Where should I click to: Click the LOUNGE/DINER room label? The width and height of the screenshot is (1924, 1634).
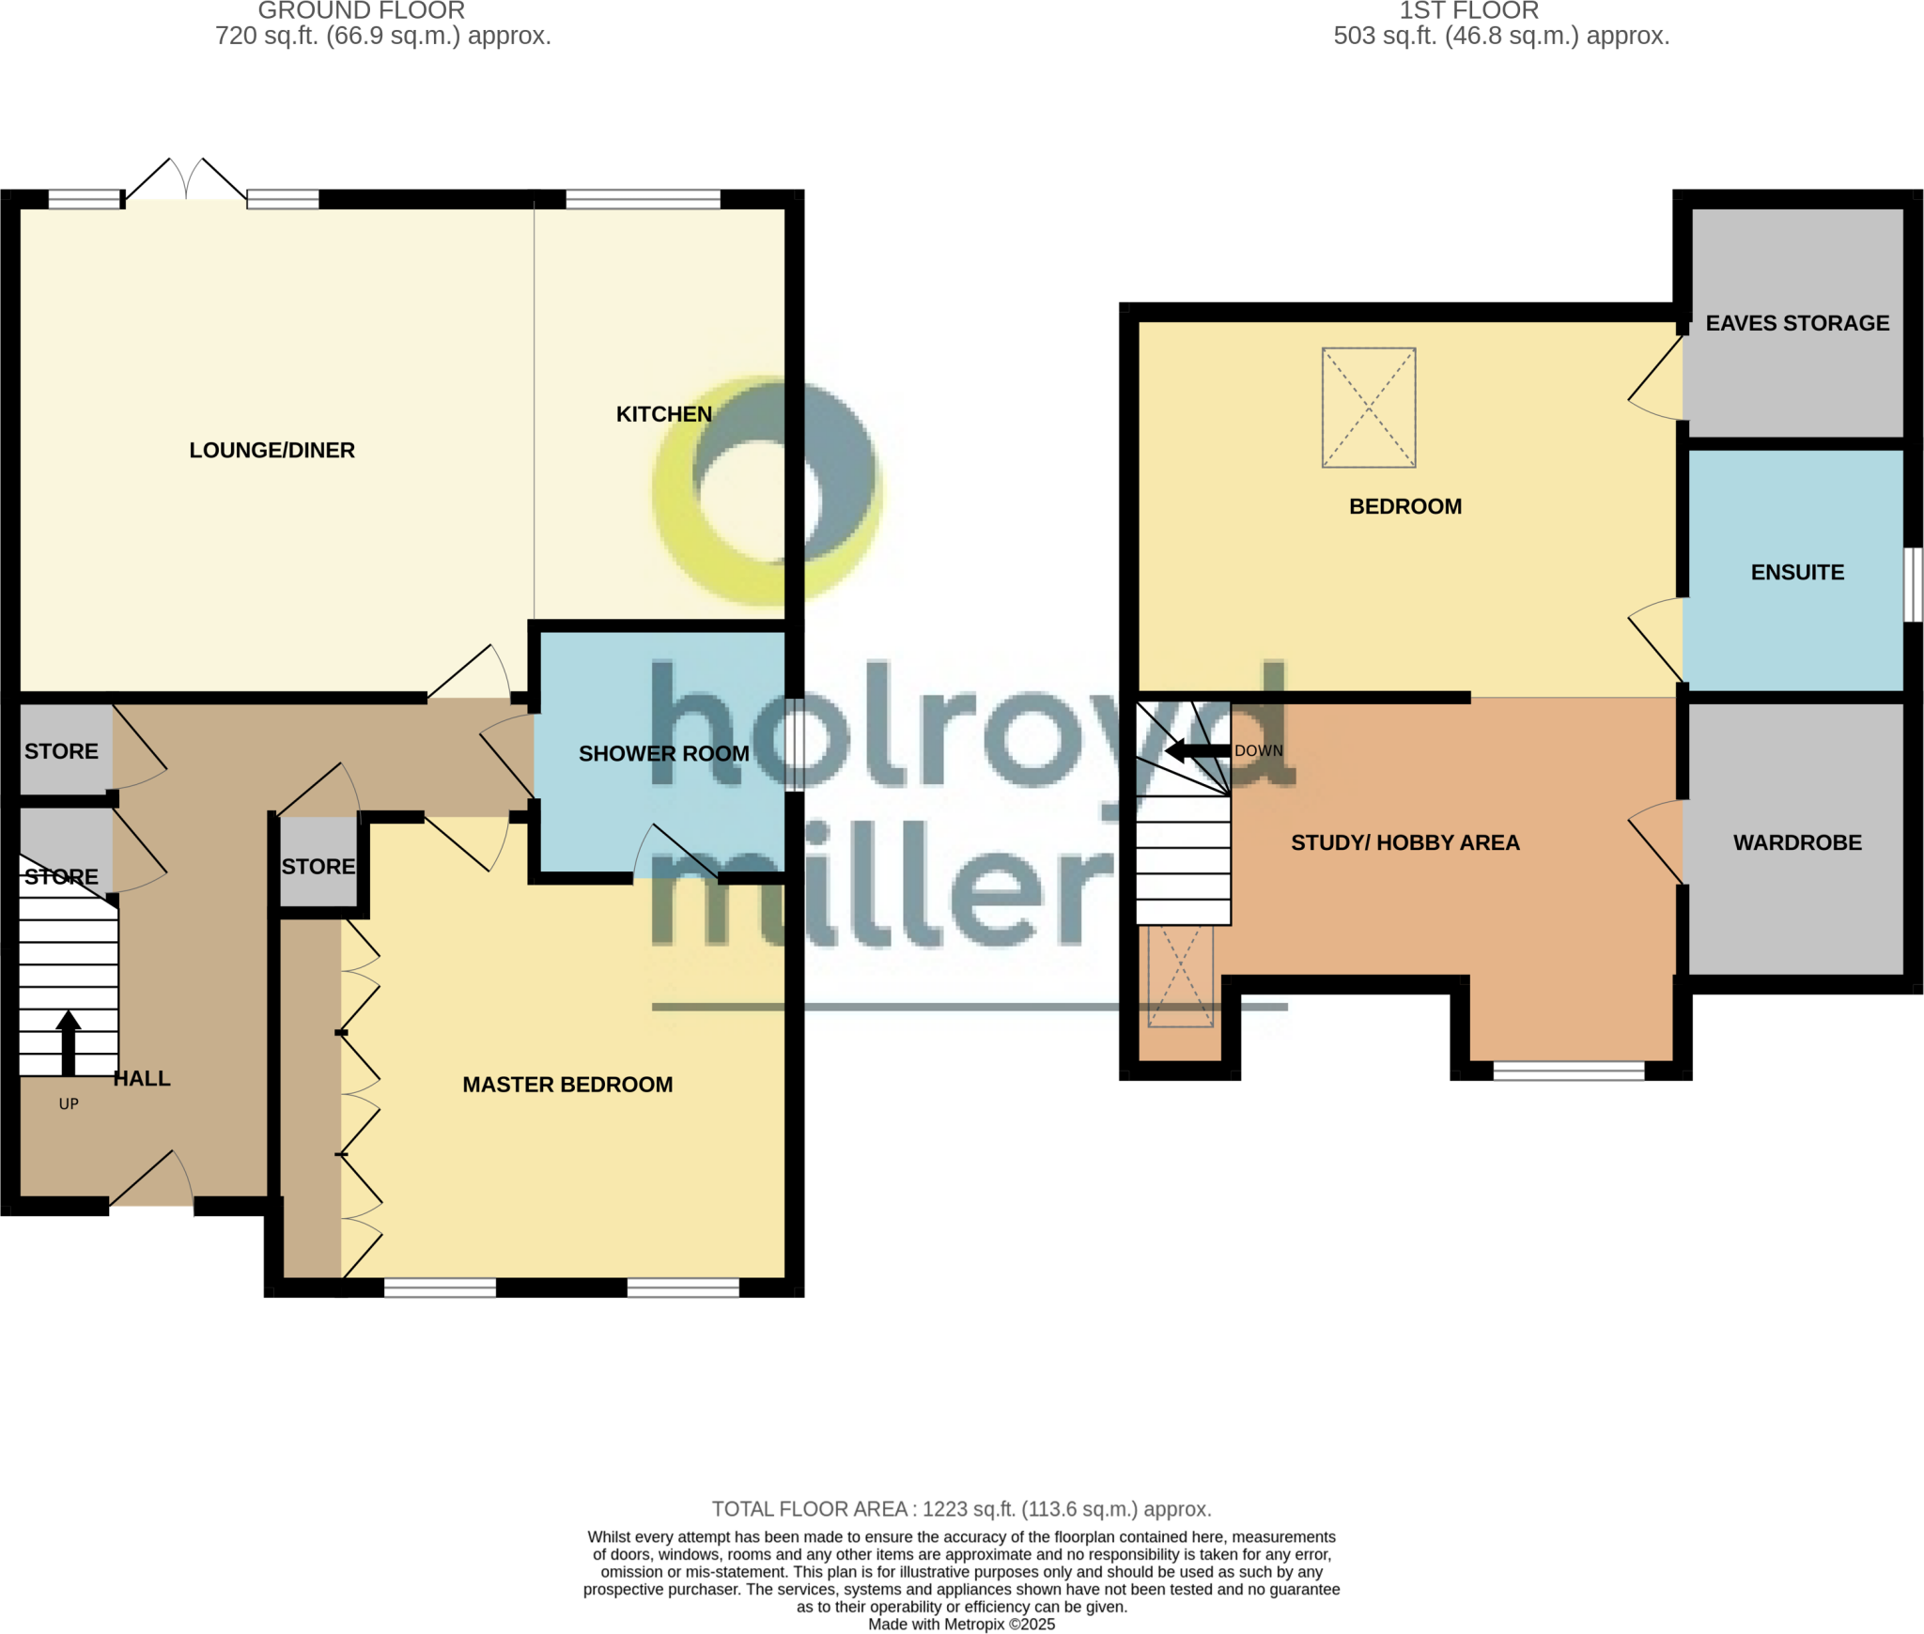tap(272, 450)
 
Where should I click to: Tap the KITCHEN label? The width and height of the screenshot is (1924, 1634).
tap(663, 414)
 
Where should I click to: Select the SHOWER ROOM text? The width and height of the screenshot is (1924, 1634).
tap(663, 753)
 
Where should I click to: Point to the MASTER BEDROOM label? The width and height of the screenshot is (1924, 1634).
tap(567, 1085)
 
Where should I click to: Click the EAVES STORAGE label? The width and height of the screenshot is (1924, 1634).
tap(1796, 323)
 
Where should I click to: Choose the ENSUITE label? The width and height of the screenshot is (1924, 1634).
tap(1796, 572)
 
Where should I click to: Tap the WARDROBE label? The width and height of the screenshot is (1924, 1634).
tap(1796, 842)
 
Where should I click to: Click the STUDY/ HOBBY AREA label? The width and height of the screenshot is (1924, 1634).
tap(1404, 842)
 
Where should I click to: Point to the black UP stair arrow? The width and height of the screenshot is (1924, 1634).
tap(68, 1042)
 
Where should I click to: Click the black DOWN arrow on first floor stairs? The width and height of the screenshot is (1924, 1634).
tap(1197, 750)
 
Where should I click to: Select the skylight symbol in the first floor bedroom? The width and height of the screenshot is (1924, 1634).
tap(1368, 408)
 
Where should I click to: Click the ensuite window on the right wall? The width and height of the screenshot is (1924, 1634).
tap(1913, 584)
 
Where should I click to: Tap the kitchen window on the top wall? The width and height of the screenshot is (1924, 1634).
tap(643, 199)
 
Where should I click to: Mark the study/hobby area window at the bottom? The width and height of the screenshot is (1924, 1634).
tap(1568, 1071)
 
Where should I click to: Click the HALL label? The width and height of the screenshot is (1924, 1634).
tap(142, 1078)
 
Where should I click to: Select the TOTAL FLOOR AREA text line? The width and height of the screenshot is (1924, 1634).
tap(961, 1508)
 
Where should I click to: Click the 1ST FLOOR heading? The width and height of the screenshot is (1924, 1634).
tap(1468, 11)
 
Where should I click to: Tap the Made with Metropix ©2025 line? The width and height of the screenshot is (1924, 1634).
tap(961, 1625)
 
